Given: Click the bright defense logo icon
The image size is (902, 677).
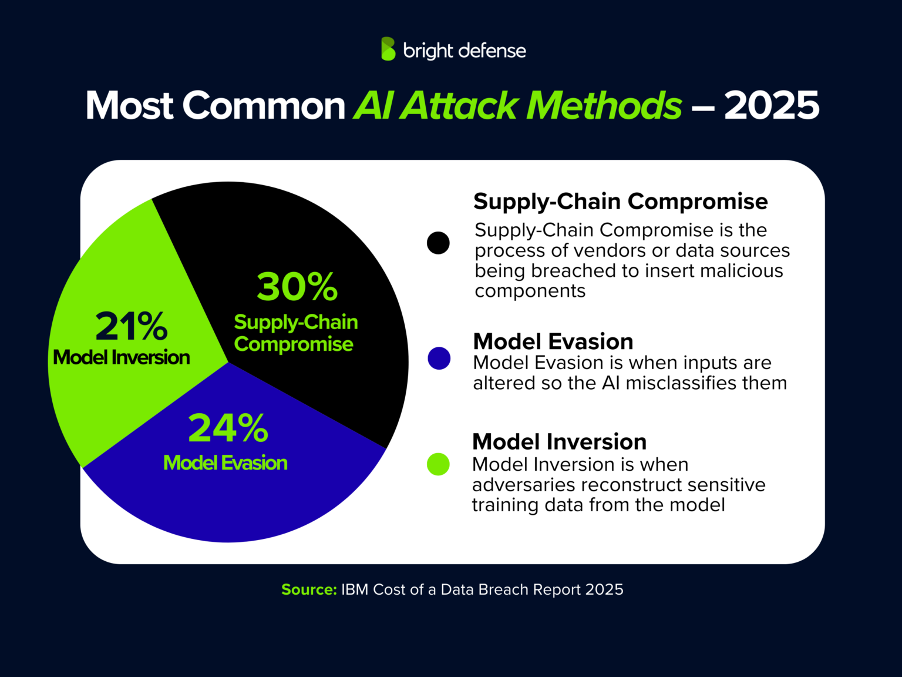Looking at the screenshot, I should click(388, 49).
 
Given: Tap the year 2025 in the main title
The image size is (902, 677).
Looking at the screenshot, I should click(771, 106).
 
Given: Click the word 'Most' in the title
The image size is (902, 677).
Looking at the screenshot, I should click(130, 106).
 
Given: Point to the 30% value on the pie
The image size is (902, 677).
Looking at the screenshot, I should click(297, 287).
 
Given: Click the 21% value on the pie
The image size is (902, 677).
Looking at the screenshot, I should click(132, 326).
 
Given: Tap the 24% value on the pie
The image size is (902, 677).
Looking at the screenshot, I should click(228, 428).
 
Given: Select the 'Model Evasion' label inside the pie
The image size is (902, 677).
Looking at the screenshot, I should click(225, 463).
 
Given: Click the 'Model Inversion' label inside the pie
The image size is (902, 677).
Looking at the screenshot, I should click(122, 357).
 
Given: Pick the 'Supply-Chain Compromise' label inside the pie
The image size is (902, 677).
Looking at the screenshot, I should click(295, 333).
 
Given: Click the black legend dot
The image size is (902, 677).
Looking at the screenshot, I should click(438, 243).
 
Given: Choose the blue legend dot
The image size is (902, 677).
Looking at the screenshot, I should click(439, 358).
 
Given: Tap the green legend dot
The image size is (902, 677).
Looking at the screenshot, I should click(438, 464).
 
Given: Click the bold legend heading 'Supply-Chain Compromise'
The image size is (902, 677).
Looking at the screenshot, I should click(620, 202).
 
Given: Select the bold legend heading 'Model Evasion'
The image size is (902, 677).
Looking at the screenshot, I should click(553, 341).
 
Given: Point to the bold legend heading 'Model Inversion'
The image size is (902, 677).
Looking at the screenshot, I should click(559, 441).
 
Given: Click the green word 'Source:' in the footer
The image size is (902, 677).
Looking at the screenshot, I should click(309, 589).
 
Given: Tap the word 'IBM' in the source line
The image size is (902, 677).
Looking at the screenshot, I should click(355, 589).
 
